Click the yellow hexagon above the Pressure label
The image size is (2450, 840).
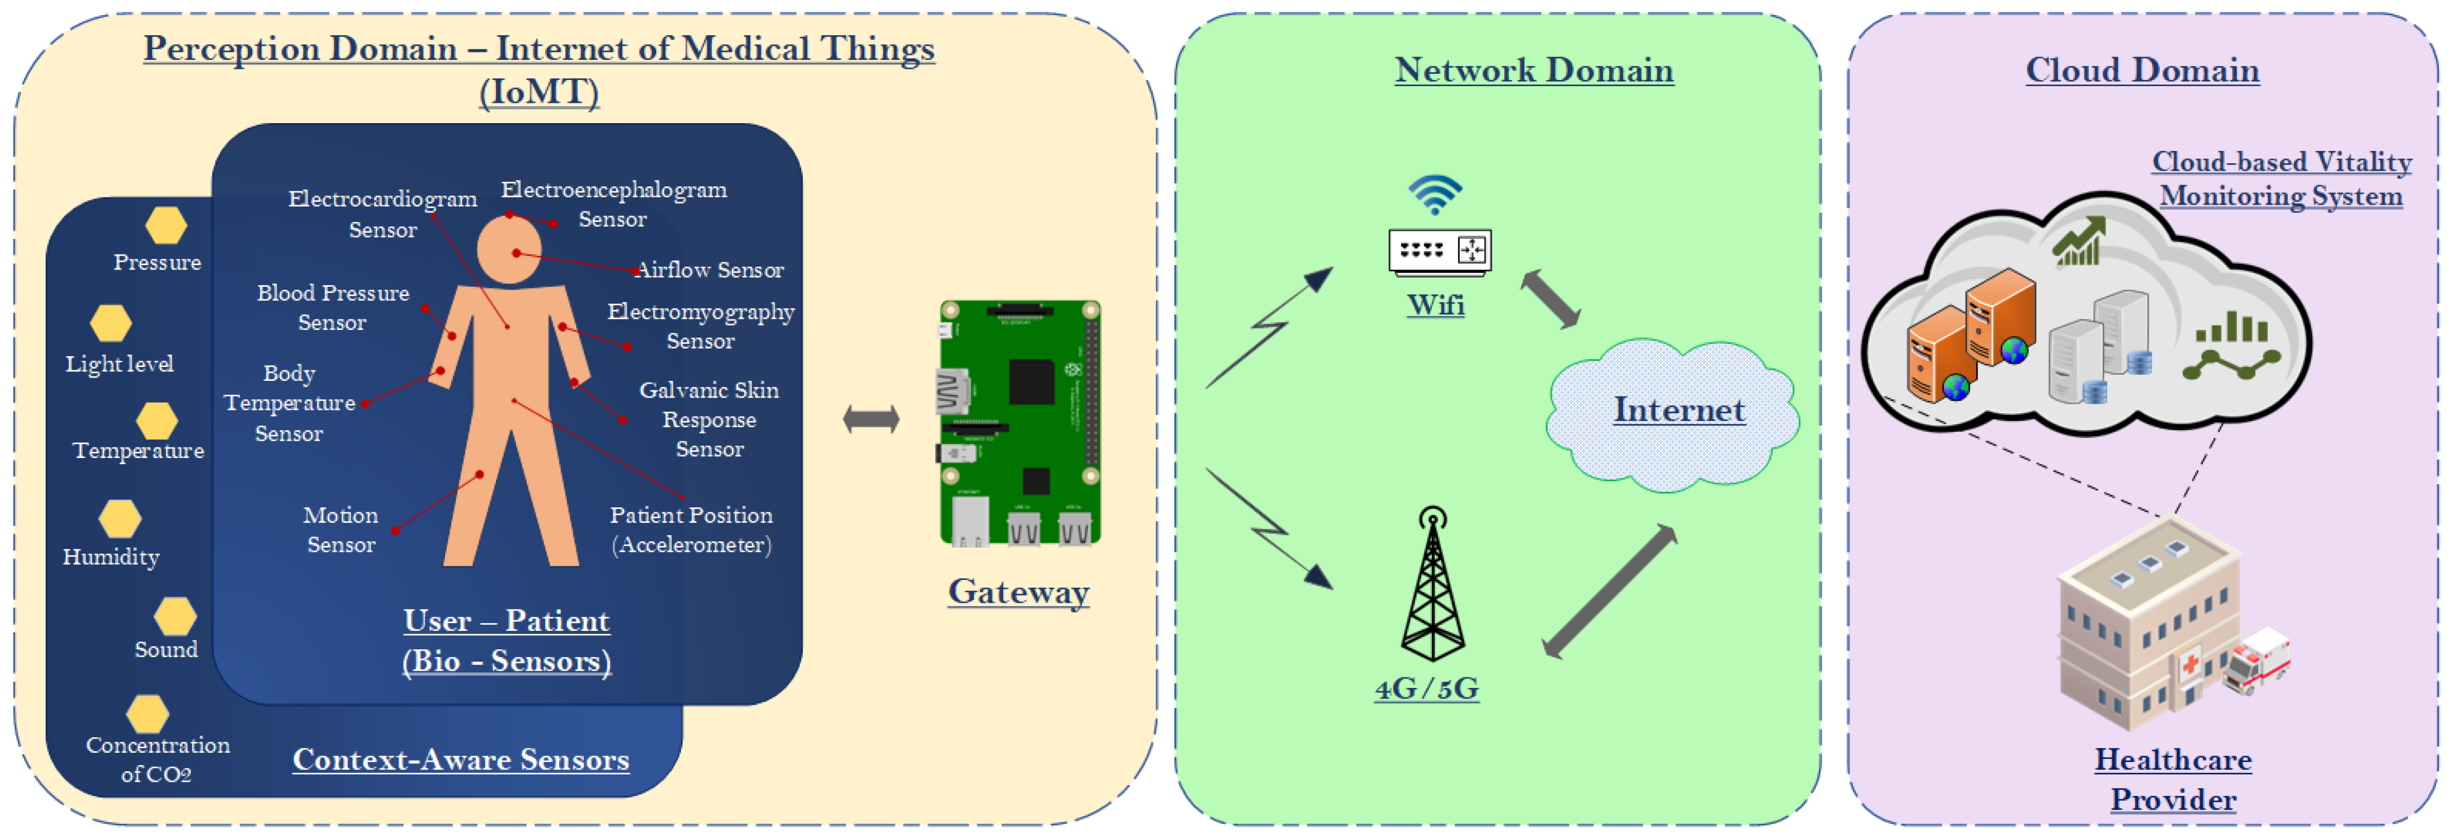click(x=165, y=225)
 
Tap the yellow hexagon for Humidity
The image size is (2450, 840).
click(x=120, y=518)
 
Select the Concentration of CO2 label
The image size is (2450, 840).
click(x=157, y=759)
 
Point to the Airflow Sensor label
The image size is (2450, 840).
click(x=710, y=270)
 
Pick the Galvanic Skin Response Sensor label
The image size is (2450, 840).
click(x=708, y=419)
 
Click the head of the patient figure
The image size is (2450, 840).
click(x=509, y=250)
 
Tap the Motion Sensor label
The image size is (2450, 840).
click(x=340, y=530)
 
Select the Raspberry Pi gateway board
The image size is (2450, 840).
click(x=1020, y=423)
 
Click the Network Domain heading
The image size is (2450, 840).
click(x=1533, y=70)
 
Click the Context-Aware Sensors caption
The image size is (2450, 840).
click(x=460, y=759)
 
